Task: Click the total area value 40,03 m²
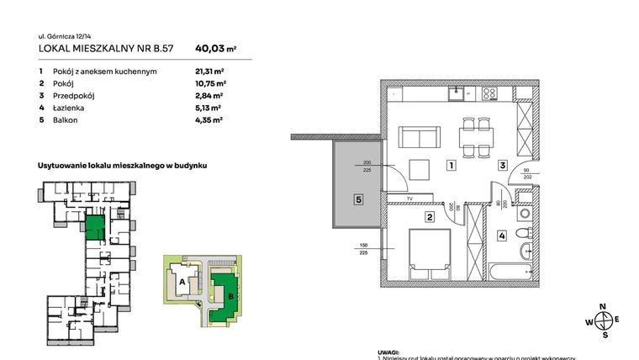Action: [214, 49]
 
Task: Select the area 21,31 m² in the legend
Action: [211, 71]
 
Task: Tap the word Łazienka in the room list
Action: [66, 108]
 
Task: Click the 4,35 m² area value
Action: [209, 120]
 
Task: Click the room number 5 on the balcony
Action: [357, 200]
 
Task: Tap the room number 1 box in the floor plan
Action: [452, 166]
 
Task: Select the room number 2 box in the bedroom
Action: [429, 218]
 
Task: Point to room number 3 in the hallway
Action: [502, 166]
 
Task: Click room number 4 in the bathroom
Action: [502, 236]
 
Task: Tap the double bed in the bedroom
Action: [430, 255]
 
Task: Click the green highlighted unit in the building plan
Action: [94, 227]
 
